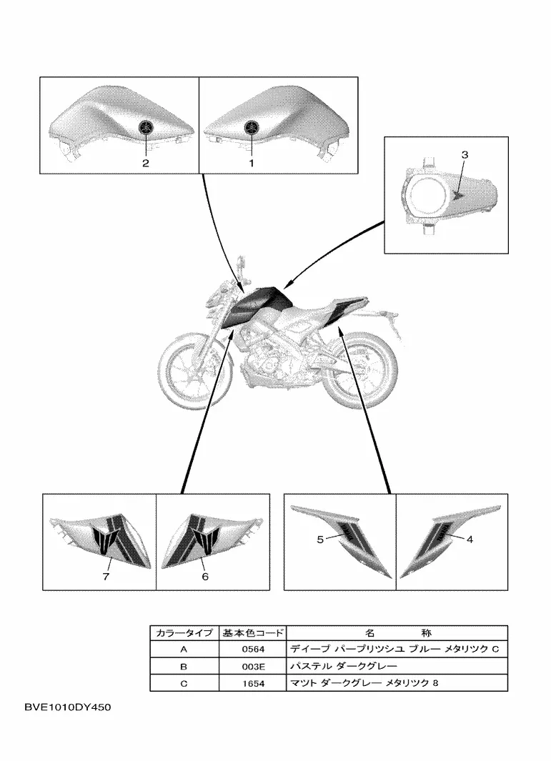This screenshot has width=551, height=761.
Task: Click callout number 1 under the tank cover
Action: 252,164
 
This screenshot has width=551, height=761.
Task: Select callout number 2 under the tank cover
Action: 146,164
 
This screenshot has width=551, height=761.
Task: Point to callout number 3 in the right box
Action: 465,155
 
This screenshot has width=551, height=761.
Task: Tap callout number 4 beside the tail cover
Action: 470,539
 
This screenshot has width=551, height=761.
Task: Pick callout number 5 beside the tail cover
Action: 320,539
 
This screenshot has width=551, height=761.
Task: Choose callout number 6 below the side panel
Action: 205,576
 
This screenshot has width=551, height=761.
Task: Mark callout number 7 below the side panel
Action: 106,576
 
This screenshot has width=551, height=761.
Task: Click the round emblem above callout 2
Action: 146,127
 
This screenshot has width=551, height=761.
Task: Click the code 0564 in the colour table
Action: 254,650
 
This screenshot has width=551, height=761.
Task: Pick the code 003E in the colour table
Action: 254,667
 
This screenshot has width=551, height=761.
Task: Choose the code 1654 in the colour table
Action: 254,684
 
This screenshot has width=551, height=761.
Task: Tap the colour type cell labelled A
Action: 184,650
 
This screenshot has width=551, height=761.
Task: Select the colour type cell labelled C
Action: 184,684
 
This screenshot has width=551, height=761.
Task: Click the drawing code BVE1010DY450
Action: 67,707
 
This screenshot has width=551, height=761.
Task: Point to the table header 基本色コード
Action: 253,633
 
